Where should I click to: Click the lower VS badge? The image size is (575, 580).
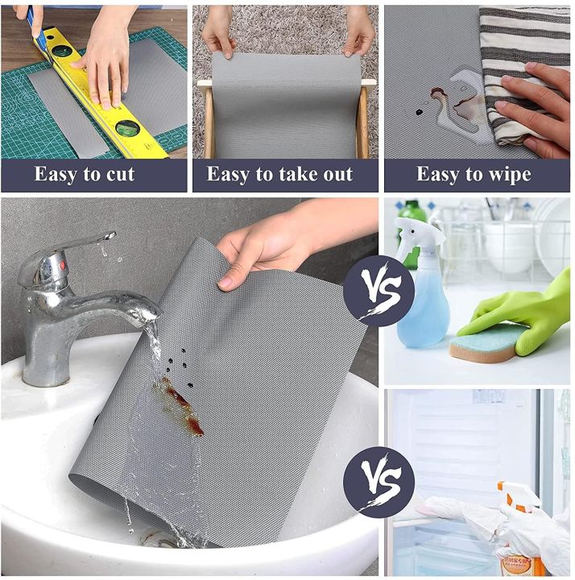pyautogui.click(x=379, y=482)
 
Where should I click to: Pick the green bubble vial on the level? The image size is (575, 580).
pyautogui.click(x=127, y=126)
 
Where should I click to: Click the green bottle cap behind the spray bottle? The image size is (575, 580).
pyautogui.click(x=413, y=211)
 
